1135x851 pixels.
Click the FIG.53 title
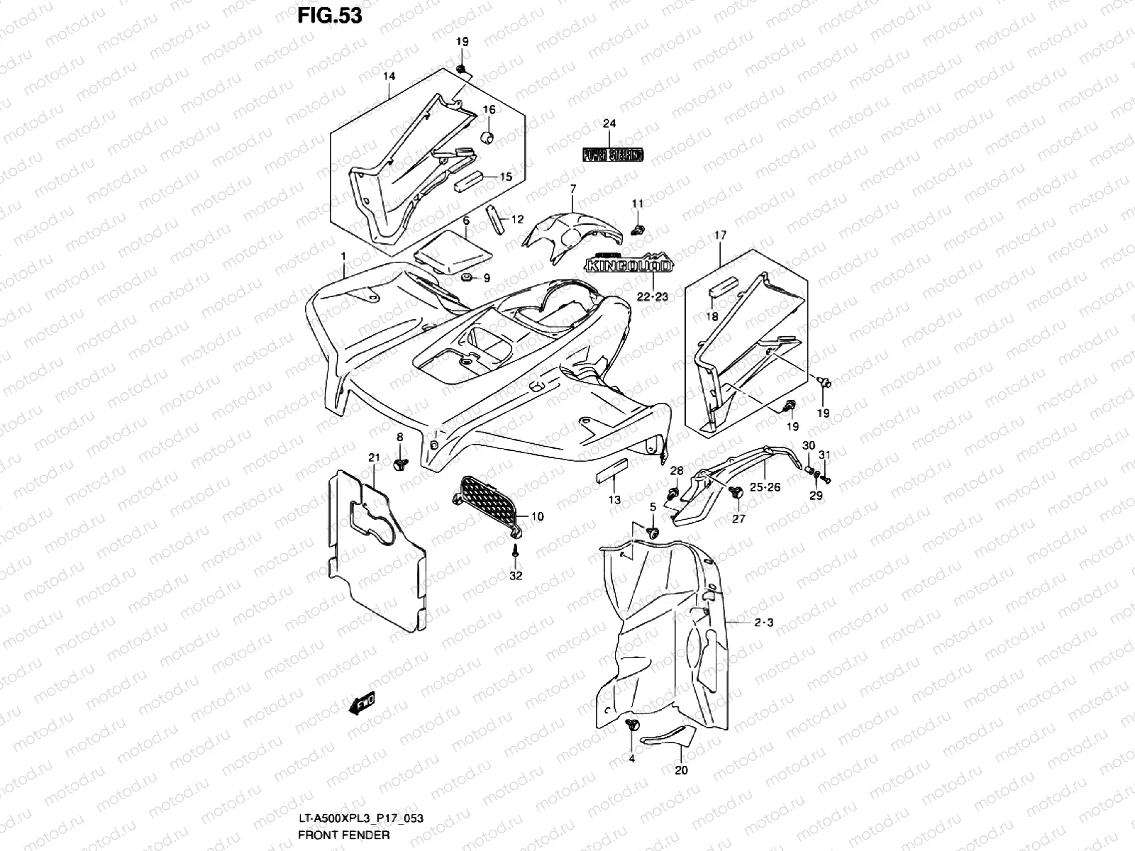pos(330,16)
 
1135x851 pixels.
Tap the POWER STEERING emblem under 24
pos(613,155)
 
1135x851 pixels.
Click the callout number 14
pos(389,76)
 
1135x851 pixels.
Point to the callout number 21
pos(375,457)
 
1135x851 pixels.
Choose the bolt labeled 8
pos(400,464)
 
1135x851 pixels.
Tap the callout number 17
pos(721,234)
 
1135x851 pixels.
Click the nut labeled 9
pos(466,276)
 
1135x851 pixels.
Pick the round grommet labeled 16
pos(488,137)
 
